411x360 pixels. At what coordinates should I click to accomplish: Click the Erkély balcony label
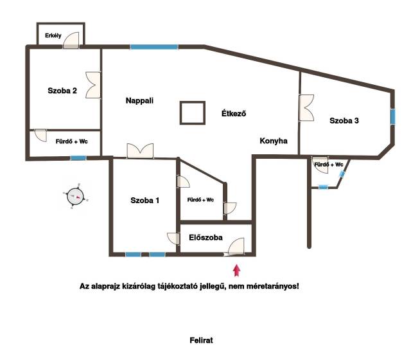tap(53, 35)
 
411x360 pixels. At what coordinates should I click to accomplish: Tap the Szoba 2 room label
tap(62, 91)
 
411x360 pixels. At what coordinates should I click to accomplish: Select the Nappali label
tap(139, 101)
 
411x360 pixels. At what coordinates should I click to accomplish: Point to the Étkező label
tap(234, 113)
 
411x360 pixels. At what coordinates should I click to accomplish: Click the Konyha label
tap(274, 141)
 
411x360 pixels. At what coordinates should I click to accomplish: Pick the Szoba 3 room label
tap(344, 121)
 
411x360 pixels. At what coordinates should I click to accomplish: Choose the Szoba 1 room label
tap(145, 201)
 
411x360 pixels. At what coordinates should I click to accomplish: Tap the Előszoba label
tap(205, 237)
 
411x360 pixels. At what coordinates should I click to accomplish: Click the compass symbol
tap(76, 196)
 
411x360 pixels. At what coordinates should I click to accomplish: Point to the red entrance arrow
tap(237, 270)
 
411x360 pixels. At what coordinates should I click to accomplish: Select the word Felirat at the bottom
tap(201, 340)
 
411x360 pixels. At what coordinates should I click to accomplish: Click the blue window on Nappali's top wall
tap(154, 47)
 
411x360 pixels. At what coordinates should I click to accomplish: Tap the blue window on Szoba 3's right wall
tap(392, 117)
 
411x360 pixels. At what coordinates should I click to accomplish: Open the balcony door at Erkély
tap(71, 40)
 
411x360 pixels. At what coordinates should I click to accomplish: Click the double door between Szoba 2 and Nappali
tap(93, 85)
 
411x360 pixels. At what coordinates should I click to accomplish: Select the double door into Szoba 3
tap(306, 108)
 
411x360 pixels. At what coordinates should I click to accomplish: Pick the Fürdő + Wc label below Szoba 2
tap(71, 141)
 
